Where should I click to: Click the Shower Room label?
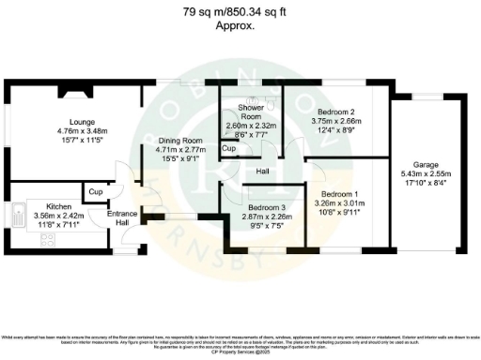(x=251, y=109)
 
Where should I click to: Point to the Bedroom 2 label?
(x=336, y=110)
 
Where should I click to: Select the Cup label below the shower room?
(x=227, y=148)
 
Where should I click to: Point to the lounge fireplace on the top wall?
(x=76, y=91)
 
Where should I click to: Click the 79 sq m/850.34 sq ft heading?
(x=240, y=12)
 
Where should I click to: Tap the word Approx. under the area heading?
(x=240, y=26)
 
